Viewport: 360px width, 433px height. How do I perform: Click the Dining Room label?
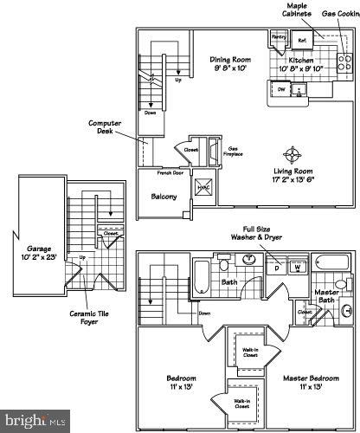point(229,60)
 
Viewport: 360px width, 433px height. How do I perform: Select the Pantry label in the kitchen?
point(279,37)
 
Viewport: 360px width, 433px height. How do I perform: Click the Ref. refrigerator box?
point(302,40)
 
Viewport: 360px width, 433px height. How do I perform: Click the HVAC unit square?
point(204,190)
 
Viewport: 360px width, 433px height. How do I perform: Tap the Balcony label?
point(164,197)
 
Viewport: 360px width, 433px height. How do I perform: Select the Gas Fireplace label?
point(234,151)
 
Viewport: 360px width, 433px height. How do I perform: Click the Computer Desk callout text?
point(104,128)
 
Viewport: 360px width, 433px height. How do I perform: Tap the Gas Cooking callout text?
point(340,13)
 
